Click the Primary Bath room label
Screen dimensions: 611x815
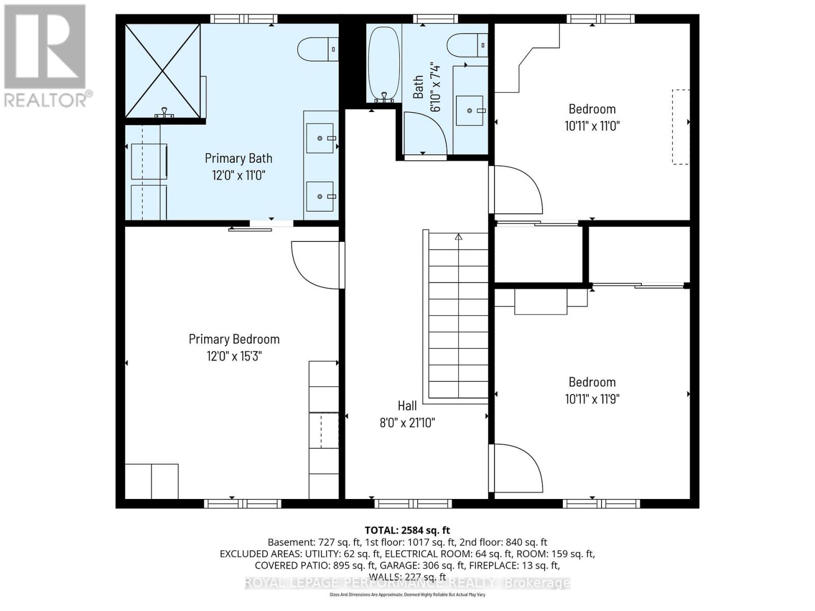(238, 158)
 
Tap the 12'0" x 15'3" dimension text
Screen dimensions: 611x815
(234, 356)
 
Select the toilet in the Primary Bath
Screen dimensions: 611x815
(317, 49)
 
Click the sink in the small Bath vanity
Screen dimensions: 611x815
(469, 110)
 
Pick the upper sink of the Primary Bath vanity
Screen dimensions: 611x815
(320, 138)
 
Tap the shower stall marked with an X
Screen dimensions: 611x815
(163, 71)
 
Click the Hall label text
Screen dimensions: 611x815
(407, 406)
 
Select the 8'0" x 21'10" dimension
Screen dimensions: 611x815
(407, 423)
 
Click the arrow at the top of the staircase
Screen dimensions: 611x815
(458, 237)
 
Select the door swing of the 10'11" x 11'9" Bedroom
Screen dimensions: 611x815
(517, 467)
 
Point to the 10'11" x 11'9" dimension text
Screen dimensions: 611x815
(592, 399)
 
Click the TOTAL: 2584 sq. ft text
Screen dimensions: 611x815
(407, 531)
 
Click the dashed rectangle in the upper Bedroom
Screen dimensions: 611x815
(681, 127)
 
